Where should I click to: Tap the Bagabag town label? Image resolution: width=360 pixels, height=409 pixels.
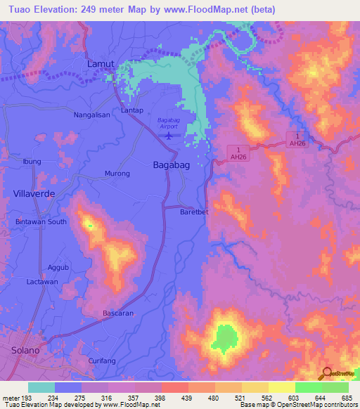[x=169, y=164]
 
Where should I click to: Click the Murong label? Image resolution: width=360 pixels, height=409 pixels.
[x=117, y=173]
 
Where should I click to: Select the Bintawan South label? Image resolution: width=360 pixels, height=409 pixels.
[x=41, y=222]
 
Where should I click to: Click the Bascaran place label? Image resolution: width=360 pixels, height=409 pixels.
[x=118, y=313]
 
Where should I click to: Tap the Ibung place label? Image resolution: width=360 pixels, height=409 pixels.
[x=32, y=161]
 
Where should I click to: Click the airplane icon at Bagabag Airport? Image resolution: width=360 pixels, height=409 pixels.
[x=169, y=135]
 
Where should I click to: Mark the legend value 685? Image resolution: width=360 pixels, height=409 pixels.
[x=347, y=398]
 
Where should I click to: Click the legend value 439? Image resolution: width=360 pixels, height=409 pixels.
[x=186, y=398]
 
